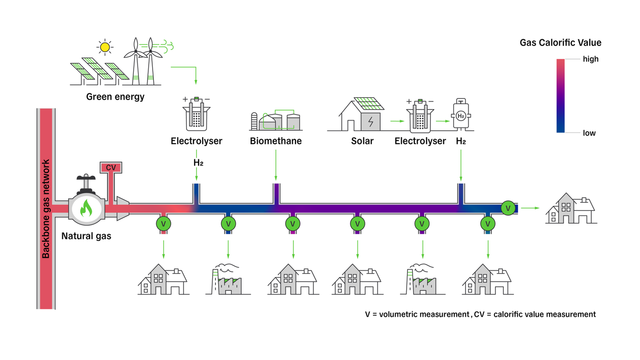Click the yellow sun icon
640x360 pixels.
point(105,47)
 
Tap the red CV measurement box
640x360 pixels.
point(111,167)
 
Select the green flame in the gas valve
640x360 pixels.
point(86,209)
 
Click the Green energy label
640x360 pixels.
point(115,97)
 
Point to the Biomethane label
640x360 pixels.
point(276,141)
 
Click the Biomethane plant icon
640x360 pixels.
point(276,121)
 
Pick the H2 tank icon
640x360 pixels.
point(461,114)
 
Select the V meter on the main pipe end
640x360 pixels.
point(508,208)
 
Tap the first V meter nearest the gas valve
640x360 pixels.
point(163,224)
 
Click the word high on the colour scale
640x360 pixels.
point(590,59)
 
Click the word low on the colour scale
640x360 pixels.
point(589,133)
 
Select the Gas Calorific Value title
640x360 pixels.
point(560,43)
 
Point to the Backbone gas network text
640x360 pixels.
point(46,209)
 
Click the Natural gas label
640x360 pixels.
point(86,236)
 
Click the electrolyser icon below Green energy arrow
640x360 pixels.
point(196,114)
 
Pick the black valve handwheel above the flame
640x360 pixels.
point(86,178)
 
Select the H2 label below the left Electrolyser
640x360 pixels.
point(198,163)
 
